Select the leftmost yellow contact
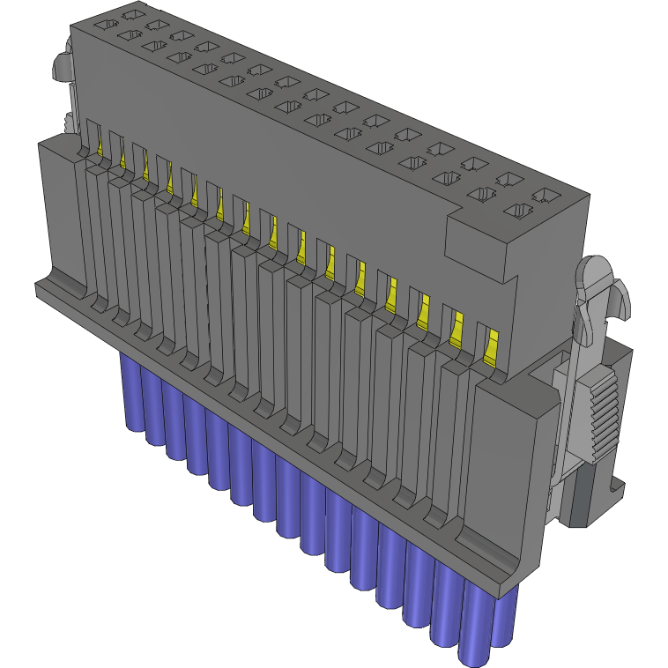[100, 144]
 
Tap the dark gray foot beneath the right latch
[582, 497]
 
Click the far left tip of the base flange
[37, 288]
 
